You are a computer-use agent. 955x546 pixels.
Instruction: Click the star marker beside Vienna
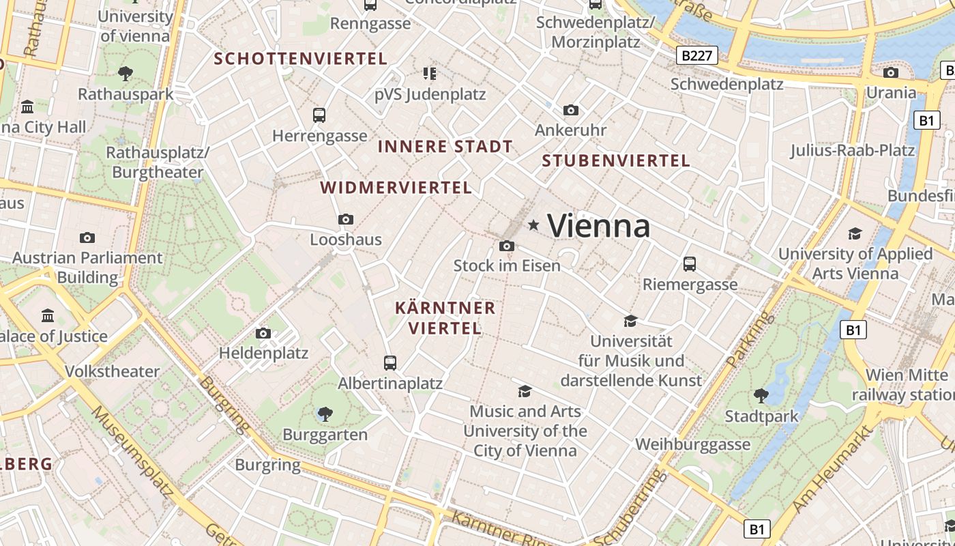[x=533, y=225]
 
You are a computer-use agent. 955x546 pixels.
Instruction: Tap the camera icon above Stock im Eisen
[x=506, y=246]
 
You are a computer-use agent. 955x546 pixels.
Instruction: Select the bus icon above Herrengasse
[x=319, y=115]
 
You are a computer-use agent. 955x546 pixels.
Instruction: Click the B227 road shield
[x=697, y=55]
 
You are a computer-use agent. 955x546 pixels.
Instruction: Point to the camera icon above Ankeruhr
[x=570, y=110]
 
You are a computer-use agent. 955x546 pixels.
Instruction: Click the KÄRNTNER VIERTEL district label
[x=445, y=317]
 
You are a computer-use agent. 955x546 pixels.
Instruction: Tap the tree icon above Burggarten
[x=325, y=414]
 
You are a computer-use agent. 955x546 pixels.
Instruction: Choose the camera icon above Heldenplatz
[x=263, y=333]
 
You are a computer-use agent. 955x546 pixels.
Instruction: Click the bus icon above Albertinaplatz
[x=390, y=362]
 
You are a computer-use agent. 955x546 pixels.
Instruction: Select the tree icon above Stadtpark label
[x=761, y=395]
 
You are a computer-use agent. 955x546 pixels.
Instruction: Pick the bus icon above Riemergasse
[x=690, y=263]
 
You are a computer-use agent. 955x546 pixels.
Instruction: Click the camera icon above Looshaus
[x=346, y=219]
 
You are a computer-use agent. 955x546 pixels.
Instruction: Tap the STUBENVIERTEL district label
[x=615, y=161]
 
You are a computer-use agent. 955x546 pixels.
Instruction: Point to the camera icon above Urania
[x=890, y=72]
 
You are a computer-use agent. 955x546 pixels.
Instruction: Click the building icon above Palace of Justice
[x=48, y=316]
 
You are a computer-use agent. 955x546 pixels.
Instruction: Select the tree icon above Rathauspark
[x=126, y=73]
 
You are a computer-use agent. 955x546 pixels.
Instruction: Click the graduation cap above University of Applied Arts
[x=855, y=234]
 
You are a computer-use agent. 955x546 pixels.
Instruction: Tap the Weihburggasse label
[x=692, y=444]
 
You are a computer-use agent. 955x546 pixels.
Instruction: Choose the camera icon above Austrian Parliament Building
[x=87, y=238]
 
